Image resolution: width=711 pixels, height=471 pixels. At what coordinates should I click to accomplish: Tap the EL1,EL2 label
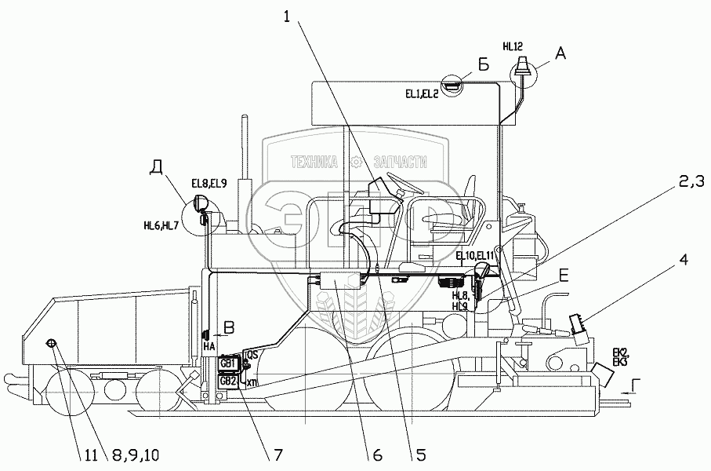click(422, 93)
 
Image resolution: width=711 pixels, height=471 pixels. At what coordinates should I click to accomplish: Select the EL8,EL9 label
click(209, 184)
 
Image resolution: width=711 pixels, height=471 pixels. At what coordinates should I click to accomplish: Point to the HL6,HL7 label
click(161, 225)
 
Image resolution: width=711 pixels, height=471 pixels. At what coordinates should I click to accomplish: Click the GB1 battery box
click(228, 363)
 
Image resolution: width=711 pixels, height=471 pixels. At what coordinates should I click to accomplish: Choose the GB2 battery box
click(228, 381)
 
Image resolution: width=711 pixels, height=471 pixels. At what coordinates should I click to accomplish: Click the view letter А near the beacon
click(560, 53)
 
